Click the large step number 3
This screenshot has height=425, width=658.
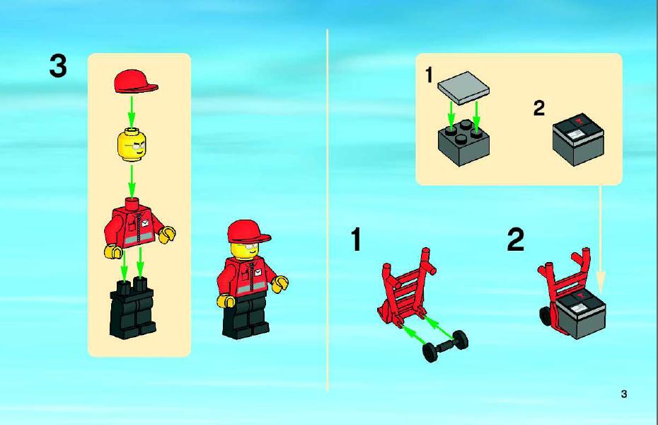click(58, 66)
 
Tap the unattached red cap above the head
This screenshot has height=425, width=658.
click(135, 81)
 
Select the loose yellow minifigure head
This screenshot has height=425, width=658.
click(132, 145)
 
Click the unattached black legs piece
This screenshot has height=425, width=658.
click(132, 308)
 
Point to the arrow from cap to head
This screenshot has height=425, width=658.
click(132, 112)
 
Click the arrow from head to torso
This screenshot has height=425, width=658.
click(132, 181)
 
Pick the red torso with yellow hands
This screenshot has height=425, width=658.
click(139, 227)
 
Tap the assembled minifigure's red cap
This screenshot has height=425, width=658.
click(248, 232)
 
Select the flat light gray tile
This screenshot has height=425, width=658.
click(463, 88)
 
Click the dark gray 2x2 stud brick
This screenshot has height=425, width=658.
click(463, 142)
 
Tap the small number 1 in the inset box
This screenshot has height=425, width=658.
click(429, 75)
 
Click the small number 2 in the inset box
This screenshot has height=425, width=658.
click(539, 108)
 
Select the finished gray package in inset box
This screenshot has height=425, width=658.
click(578, 138)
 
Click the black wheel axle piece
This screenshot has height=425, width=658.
click(445, 346)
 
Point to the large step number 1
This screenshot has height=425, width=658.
click(356, 239)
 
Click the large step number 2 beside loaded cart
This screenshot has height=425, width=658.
click(516, 239)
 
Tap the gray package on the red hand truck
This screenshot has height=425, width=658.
click(580, 312)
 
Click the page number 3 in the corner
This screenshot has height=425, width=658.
click(624, 394)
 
